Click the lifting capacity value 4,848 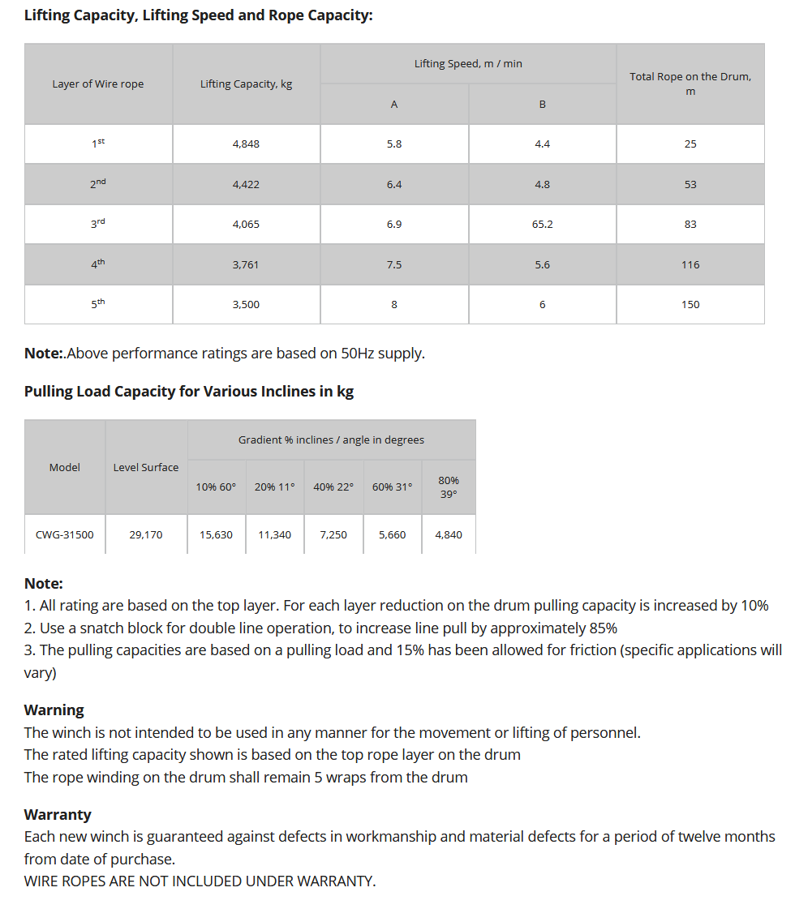(x=246, y=144)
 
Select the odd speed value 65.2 (x=542, y=224)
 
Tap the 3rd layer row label (x=98, y=223)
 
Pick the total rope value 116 (x=690, y=264)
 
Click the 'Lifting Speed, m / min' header (x=468, y=63)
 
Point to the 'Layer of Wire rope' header (x=98, y=84)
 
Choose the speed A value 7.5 (x=394, y=264)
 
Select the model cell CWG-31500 (x=65, y=534)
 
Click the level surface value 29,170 (x=146, y=534)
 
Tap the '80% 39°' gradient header (x=449, y=487)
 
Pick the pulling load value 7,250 (x=333, y=534)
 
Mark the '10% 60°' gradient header (x=216, y=487)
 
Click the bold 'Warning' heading (x=54, y=710)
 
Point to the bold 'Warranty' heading (x=58, y=814)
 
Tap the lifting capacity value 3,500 (x=246, y=304)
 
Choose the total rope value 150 (x=690, y=304)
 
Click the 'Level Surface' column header (x=146, y=467)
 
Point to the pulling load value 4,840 (x=449, y=534)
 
